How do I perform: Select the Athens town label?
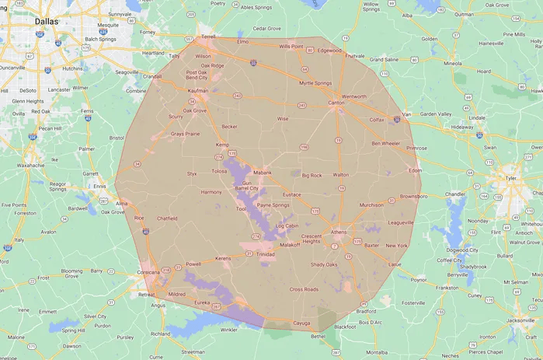339,232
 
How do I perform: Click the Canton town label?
336,103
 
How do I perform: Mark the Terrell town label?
209,37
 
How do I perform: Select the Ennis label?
100,187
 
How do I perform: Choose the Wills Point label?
291,47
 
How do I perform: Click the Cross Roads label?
305,289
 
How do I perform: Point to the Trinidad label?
265,254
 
